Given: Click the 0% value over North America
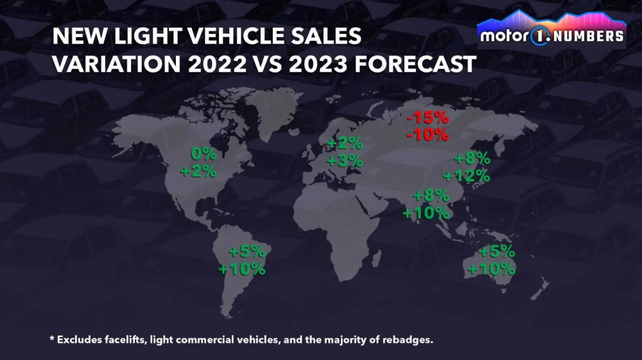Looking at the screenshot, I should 204,154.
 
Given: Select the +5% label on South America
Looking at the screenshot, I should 247,251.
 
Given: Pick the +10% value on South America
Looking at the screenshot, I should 242,269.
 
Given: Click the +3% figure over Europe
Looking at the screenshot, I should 345,160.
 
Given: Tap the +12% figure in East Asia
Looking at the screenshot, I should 466,176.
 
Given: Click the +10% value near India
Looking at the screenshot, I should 426,213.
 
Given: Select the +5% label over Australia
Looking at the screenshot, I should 496,252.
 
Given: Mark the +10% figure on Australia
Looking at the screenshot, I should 491,269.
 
